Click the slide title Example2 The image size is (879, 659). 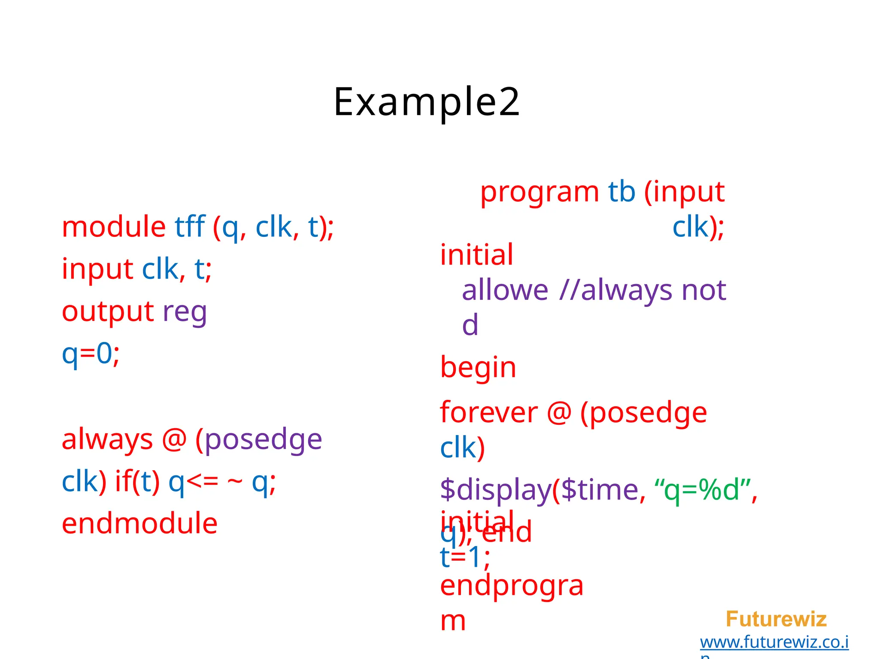coord(427,102)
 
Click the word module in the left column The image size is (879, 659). coord(114,227)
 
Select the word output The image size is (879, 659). coord(108,311)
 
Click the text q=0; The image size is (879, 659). coord(91,354)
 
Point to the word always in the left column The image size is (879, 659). coord(107,440)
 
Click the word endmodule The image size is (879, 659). coord(139,524)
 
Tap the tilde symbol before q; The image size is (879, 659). coord(234,481)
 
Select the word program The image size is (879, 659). coord(539,192)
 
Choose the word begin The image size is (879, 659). coord(478,368)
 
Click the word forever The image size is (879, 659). coord(488,413)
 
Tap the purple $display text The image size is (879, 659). coord(495,490)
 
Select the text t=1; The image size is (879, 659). coord(464,558)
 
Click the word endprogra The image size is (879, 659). coord(512,586)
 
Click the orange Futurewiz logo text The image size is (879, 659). coord(776,619)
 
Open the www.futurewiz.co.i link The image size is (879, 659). coord(774,642)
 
